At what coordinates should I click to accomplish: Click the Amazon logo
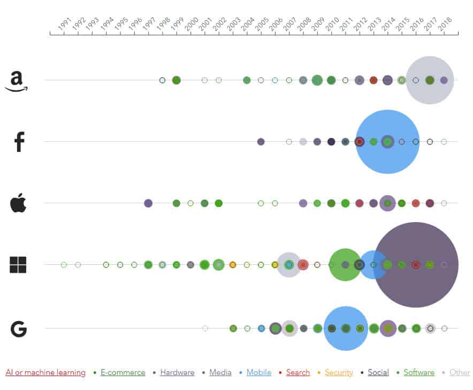pyautogui.click(x=16, y=81)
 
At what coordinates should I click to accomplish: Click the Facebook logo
pyautogui.click(x=19, y=142)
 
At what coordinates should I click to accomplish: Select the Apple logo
pyautogui.click(x=18, y=203)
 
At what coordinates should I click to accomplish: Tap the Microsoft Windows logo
pyautogui.click(x=18, y=265)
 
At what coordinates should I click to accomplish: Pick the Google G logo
pyautogui.click(x=18, y=328)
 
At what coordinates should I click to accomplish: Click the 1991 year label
pyautogui.click(x=65, y=25)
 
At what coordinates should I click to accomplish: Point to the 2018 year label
pyautogui.click(x=445, y=25)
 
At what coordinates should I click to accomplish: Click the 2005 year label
pyautogui.click(x=262, y=25)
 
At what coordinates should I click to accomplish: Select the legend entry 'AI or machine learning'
pyautogui.click(x=45, y=372)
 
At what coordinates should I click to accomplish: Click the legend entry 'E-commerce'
pyautogui.click(x=123, y=372)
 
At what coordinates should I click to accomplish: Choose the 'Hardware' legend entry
pyautogui.click(x=177, y=372)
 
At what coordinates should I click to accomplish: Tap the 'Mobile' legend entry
pyautogui.click(x=258, y=372)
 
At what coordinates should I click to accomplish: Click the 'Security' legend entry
pyautogui.click(x=339, y=372)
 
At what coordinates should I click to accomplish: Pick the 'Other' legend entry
pyautogui.click(x=459, y=372)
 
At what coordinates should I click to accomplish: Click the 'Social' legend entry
pyautogui.click(x=378, y=372)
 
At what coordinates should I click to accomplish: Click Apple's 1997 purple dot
pyautogui.click(x=148, y=203)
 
